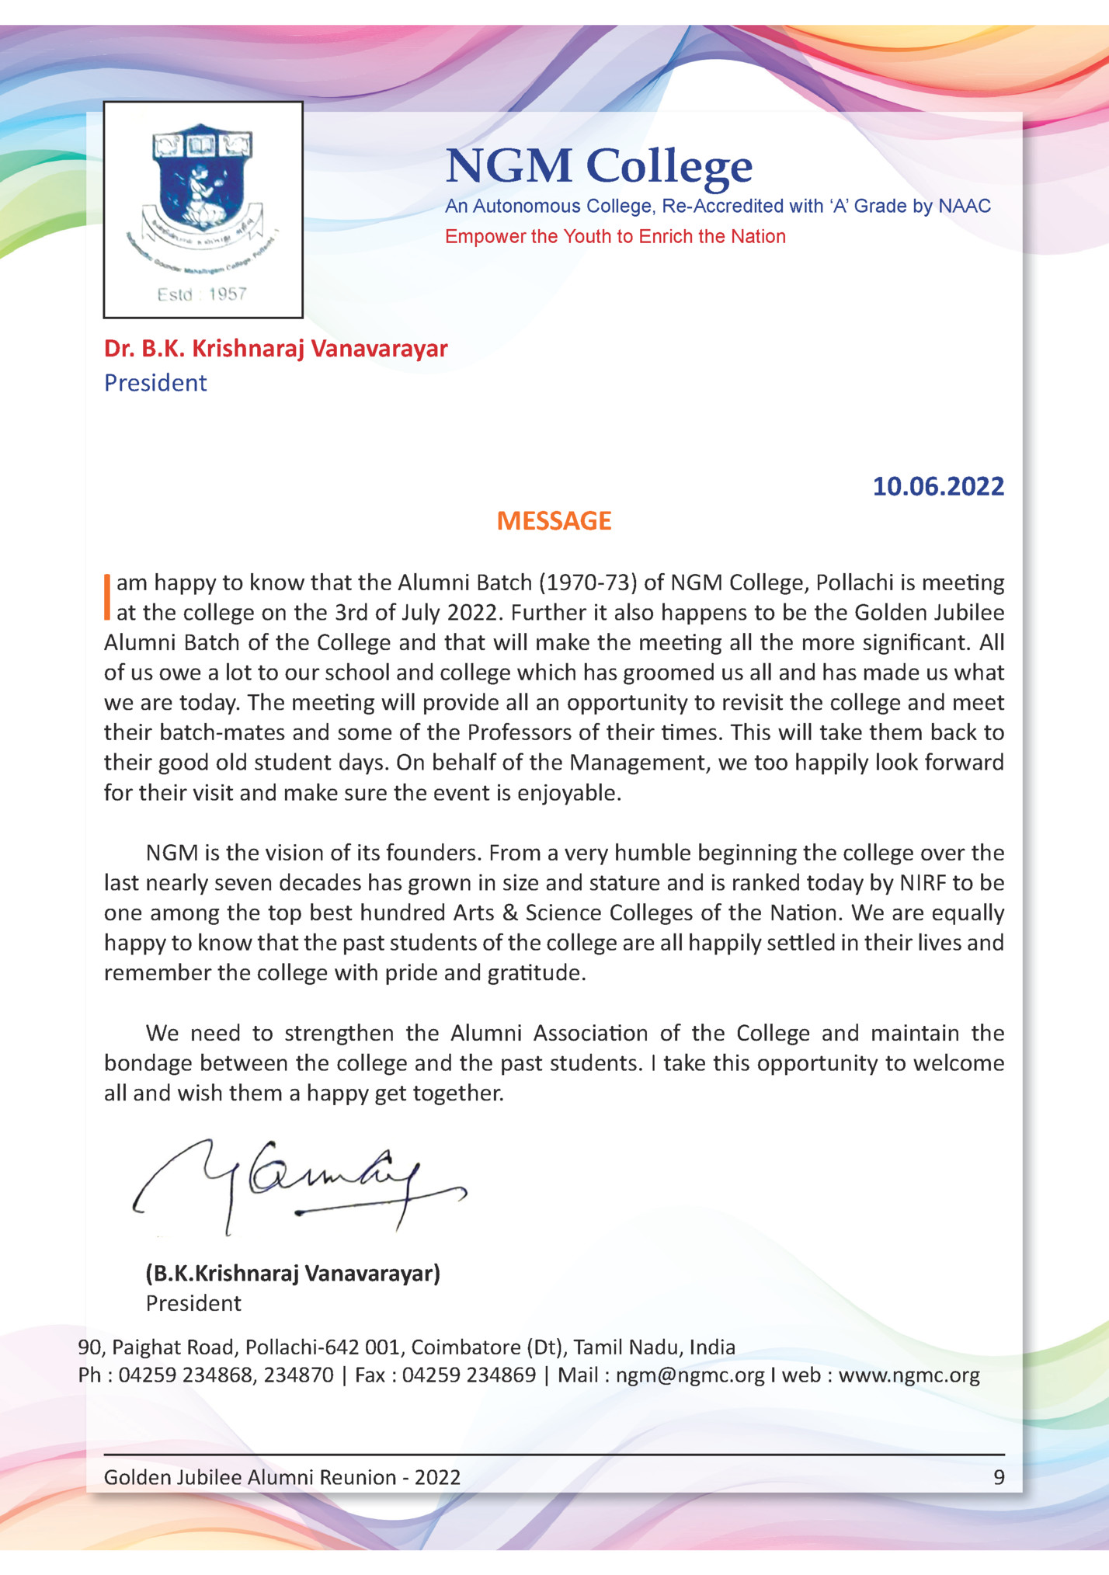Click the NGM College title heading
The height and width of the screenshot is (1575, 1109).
coord(599,165)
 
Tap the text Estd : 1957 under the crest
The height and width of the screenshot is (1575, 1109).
coord(202,294)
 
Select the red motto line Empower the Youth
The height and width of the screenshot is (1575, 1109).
coord(614,237)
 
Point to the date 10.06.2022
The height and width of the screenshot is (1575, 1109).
coord(937,487)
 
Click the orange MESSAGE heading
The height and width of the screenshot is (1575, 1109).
coord(554,521)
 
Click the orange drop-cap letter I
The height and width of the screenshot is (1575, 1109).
coord(107,597)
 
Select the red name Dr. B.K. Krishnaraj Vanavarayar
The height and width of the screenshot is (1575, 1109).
coord(276,349)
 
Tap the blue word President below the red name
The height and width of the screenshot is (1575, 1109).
coord(155,383)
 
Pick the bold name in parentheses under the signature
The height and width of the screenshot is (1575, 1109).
coord(293,1274)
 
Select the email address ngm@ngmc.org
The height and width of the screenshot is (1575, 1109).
coord(690,1375)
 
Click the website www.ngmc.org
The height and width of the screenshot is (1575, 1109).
coord(909,1375)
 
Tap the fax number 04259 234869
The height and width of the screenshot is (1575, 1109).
coord(468,1375)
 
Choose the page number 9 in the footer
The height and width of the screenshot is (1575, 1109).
coord(999,1477)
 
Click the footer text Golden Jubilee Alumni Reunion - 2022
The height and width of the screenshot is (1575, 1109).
coord(282,1477)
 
